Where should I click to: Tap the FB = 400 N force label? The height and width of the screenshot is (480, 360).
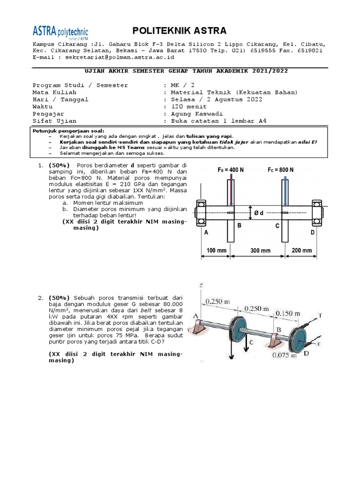[231, 170]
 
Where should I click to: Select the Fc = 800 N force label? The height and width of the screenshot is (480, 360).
[281, 170]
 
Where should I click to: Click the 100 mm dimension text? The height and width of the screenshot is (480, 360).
[217, 250]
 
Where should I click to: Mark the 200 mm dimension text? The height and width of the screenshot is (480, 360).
[301, 250]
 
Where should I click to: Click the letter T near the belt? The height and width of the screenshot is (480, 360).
[320, 316]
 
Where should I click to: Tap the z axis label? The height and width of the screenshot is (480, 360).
[201, 285]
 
